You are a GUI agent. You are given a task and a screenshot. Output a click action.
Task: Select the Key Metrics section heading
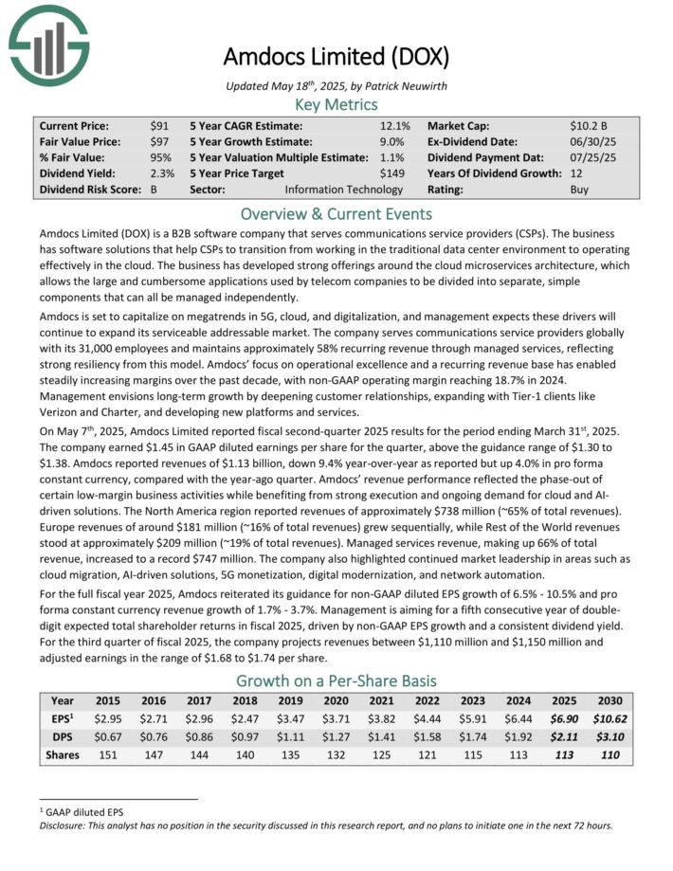336,104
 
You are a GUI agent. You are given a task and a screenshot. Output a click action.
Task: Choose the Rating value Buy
578,190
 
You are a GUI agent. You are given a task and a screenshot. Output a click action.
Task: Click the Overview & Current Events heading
336,213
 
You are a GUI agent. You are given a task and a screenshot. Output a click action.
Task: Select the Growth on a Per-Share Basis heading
336,680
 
